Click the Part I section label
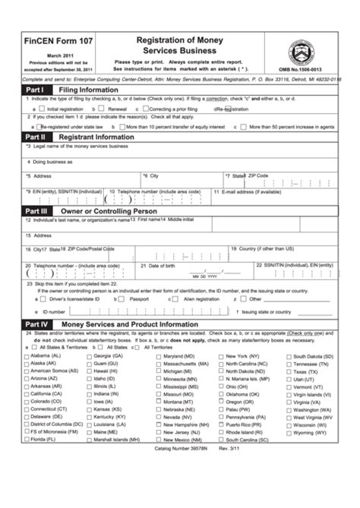[17, 89]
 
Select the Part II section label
[17, 136]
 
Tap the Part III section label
[18, 210]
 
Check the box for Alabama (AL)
[27, 356]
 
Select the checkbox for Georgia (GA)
[90, 356]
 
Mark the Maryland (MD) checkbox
[159, 356]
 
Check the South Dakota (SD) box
[289, 356]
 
